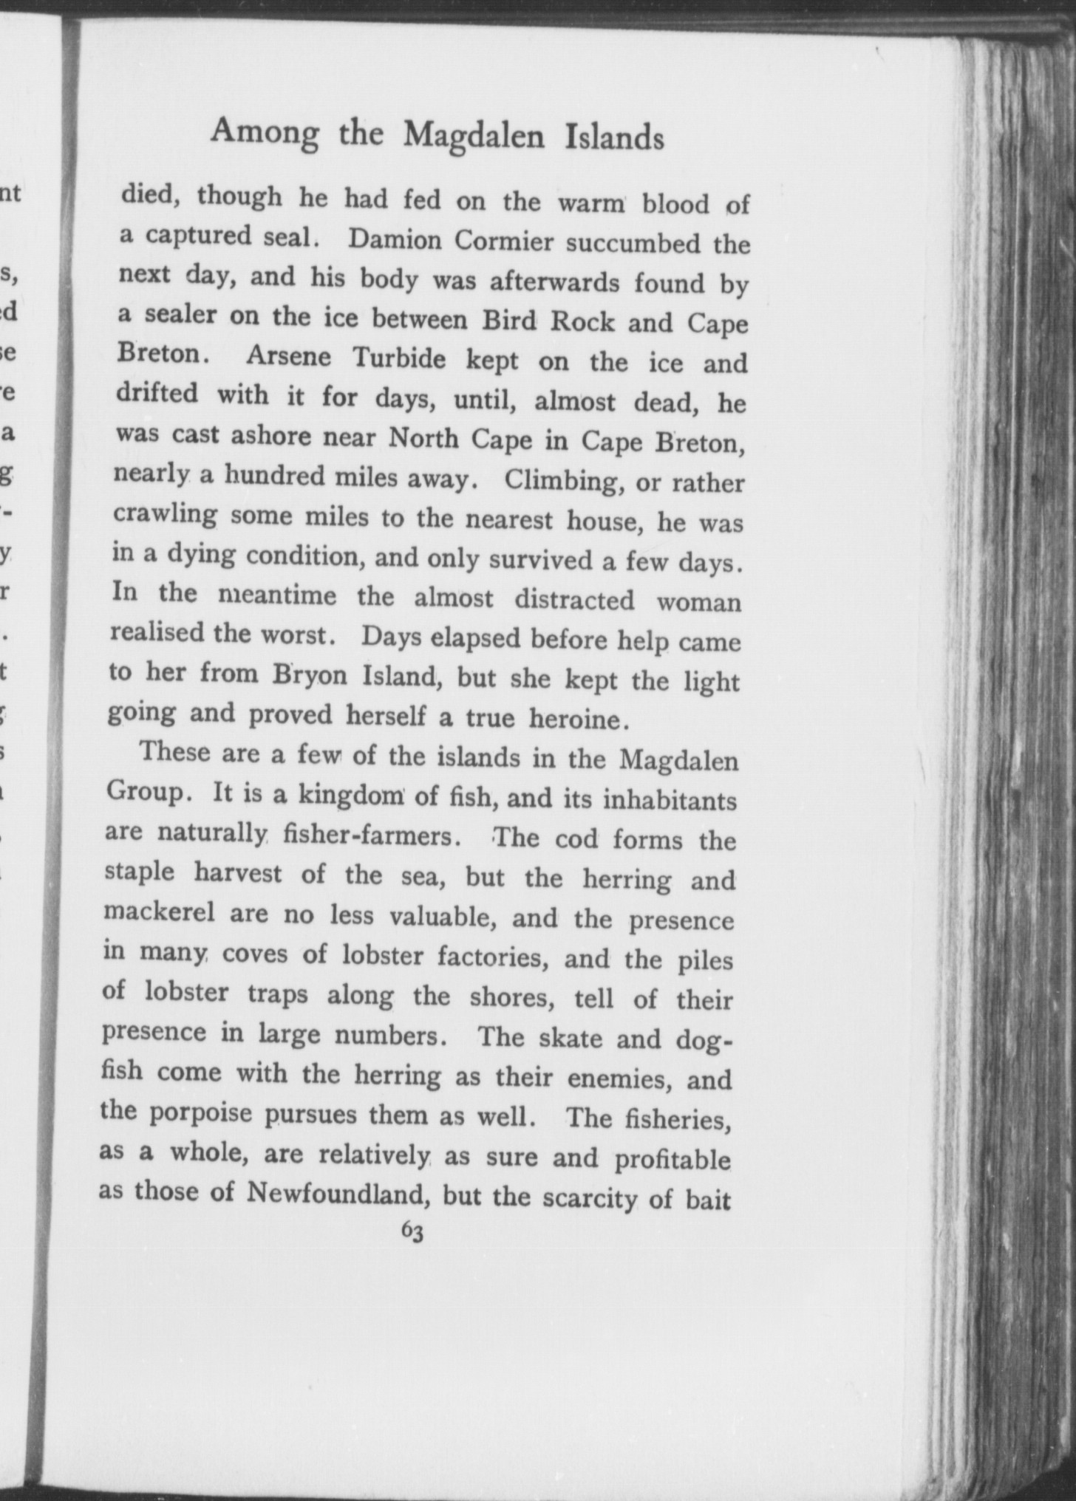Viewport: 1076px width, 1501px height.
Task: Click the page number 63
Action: click(x=412, y=1231)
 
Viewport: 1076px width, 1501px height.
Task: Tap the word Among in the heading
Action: click(x=265, y=131)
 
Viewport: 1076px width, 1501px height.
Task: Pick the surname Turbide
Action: click(x=399, y=359)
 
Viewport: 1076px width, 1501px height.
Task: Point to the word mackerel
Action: click(x=159, y=913)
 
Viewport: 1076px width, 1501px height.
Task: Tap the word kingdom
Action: click(x=348, y=795)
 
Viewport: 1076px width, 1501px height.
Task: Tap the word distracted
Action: click(x=574, y=598)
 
